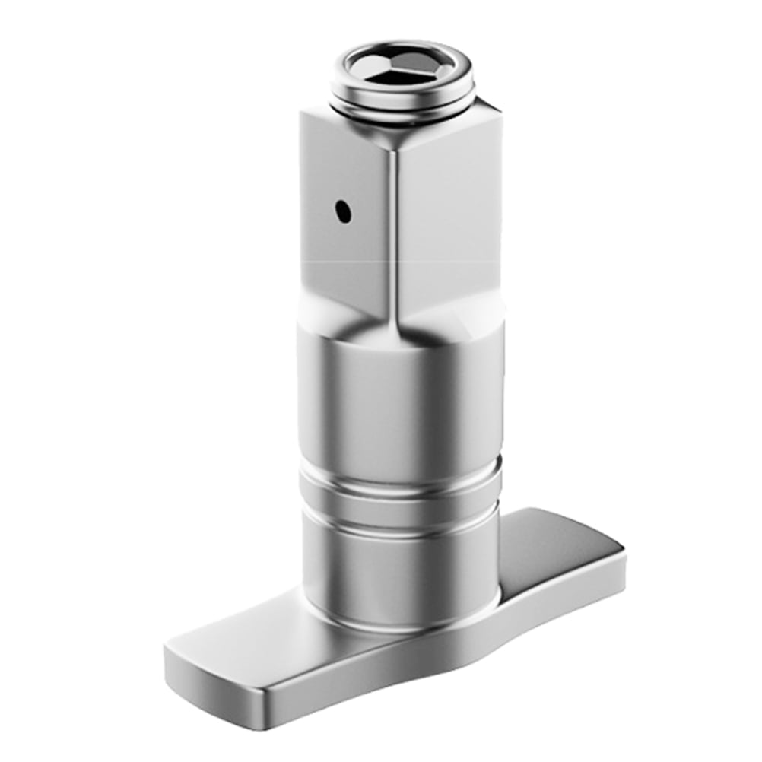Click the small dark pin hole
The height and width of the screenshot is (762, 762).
tap(344, 211)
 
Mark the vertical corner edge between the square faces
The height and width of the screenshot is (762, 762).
tap(392, 228)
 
